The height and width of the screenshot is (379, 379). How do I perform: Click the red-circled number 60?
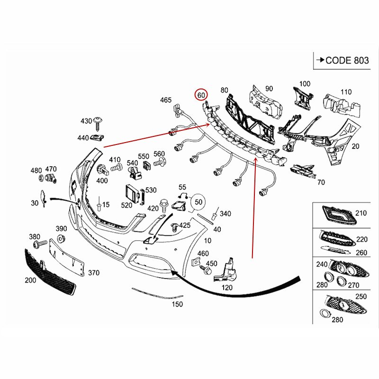[201, 94]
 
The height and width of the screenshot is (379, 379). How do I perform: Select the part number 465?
[165, 100]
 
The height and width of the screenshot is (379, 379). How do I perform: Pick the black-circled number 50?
[199, 202]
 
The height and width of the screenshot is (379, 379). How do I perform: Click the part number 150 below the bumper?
[177, 304]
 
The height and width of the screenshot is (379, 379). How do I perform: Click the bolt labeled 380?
[40, 243]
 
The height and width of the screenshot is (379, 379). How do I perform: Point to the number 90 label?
[269, 89]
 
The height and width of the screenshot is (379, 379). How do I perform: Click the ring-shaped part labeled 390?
[61, 237]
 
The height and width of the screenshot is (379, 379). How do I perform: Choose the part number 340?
[226, 214]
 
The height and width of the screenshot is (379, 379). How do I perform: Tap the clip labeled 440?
[98, 138]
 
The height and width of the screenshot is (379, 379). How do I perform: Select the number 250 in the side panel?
[361, 296]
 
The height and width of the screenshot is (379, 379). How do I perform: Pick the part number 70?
[321, 181]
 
